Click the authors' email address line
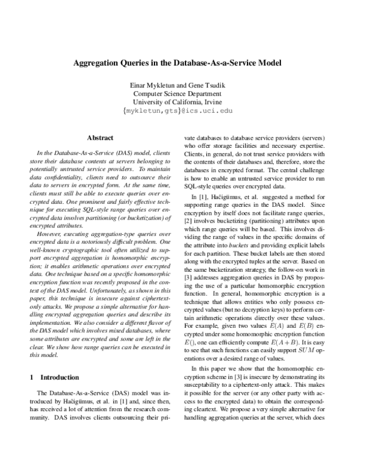(x=182, y=111)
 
